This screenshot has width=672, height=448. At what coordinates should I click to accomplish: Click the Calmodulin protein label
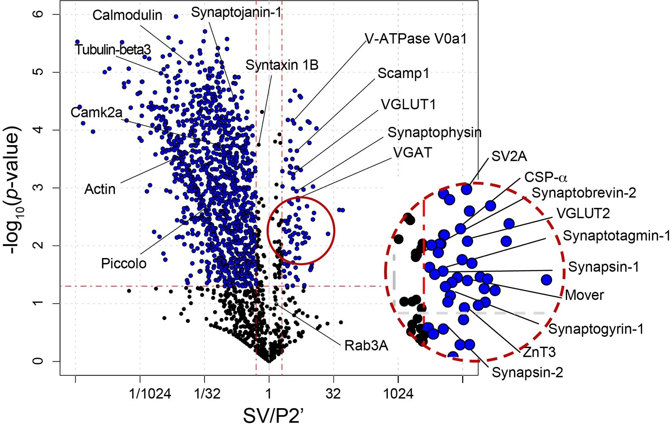click(x=127, y=15)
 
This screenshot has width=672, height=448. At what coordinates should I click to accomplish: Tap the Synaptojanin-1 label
click(x=236, y=12)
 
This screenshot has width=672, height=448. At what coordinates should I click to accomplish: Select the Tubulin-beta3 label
click(x=113, y=50)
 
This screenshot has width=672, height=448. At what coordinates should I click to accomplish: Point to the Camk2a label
click(x=96, y=112)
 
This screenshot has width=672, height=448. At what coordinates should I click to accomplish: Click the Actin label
click(x=100, y=189)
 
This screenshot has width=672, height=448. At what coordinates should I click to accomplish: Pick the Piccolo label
click(x=124, y=263)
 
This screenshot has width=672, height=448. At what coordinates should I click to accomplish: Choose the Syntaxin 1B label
click(x=282, y=65)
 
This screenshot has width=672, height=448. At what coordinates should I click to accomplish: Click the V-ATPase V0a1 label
click(x=416, y=39)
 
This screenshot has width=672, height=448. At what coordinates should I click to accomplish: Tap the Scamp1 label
click(x=403, y=73)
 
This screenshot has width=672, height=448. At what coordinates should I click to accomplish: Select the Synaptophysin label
click(x=434, y=133)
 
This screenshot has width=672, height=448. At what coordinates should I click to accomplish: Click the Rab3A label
click(x=366, y=346)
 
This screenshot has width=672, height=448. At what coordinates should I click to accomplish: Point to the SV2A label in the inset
click(x=509, y=156)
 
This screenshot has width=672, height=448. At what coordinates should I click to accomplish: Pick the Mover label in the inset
click(x=584, y=295)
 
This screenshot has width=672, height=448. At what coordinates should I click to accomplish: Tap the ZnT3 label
click(x=539, y=352)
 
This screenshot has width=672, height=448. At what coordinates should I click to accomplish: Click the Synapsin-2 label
click(x=527, y=373)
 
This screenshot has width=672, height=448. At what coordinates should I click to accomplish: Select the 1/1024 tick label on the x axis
click(x=150, y=394)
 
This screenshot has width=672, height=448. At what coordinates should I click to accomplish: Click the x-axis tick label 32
click(x=333, y=394)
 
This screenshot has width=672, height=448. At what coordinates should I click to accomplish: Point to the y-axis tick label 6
click(x=38, y=14)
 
